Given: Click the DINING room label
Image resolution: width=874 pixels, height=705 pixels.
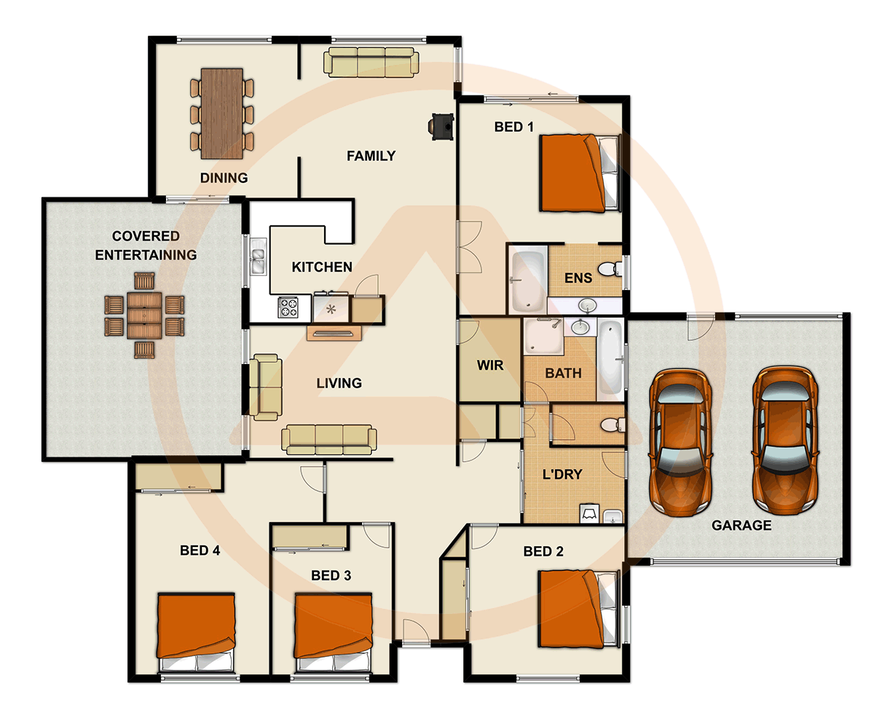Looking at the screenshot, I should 224,178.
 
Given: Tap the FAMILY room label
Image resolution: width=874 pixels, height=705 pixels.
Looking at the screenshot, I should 371,156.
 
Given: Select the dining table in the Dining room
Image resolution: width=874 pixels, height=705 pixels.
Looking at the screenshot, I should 222,113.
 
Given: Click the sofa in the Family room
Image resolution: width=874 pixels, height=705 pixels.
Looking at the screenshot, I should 371,63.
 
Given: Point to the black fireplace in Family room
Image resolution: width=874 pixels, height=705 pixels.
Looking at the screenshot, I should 441,126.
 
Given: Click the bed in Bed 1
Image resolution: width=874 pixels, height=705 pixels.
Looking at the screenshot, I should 579,173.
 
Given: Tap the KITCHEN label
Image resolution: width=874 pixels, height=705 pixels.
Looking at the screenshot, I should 322,267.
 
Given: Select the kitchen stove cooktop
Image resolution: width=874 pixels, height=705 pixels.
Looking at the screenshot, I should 288,307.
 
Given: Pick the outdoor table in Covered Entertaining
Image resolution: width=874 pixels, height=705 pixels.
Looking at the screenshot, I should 144,315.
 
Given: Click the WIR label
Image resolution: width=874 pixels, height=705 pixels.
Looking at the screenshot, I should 489,365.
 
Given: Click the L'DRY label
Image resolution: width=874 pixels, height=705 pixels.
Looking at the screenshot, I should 562,474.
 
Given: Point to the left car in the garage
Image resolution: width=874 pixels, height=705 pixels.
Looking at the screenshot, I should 680,440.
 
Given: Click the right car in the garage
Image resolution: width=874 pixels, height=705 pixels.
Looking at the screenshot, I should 786,440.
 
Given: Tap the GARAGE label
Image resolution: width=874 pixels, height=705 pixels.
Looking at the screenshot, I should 741,525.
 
